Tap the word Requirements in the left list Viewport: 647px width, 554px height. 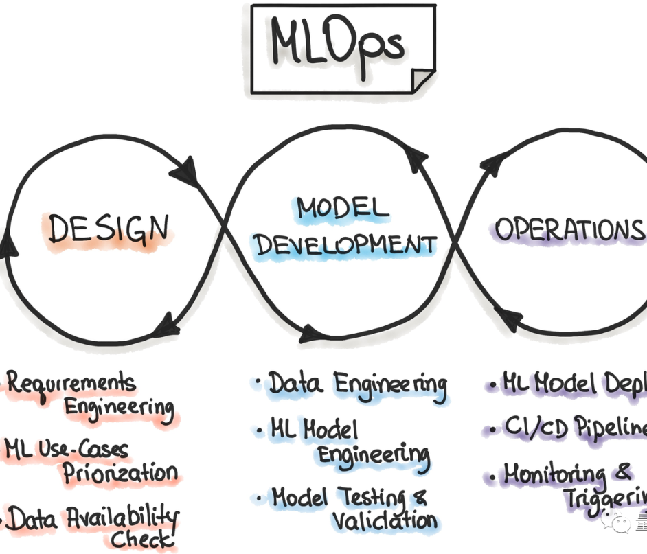point(71,382)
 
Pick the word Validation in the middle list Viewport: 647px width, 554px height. point(385,520)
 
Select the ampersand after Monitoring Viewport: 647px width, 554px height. point(622,472)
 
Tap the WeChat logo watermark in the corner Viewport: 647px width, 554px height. point(615,524)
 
